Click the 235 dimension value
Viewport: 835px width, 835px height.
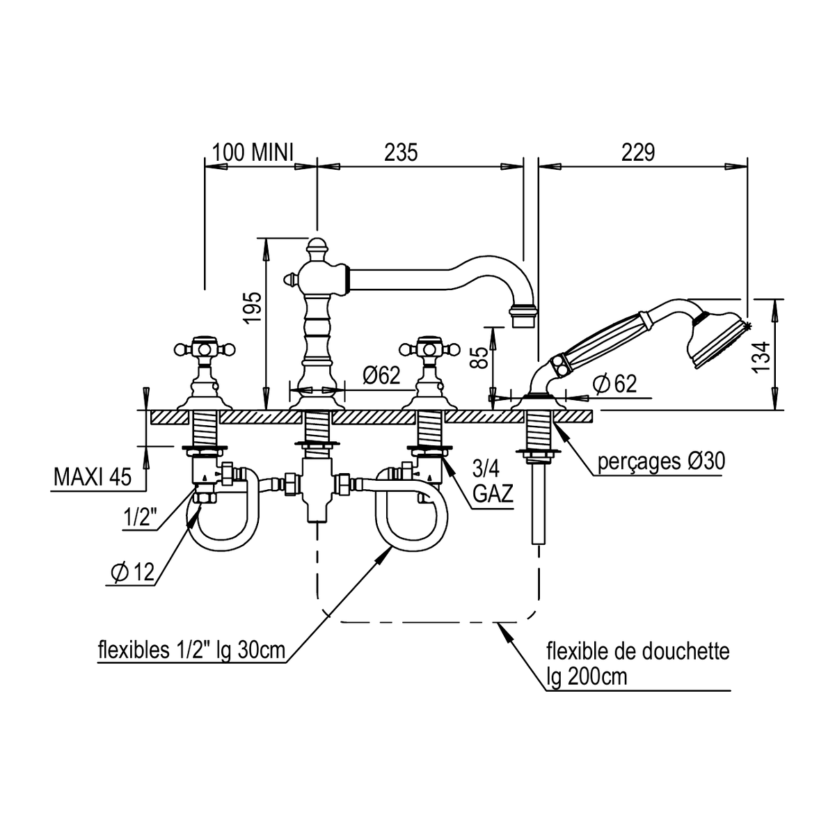[x=401, y=152]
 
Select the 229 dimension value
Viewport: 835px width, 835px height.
[x=638, y=152]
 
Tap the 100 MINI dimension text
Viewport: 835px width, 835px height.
[x=253, y=152]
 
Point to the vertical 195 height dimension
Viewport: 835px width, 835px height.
[x=252, y=308]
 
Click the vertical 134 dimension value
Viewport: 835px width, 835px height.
[x=761, y=357]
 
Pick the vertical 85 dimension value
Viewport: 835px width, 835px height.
[x=479, y=358]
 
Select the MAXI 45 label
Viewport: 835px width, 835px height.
[x=93, y=477]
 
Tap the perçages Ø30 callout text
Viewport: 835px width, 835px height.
[x=661, y=462]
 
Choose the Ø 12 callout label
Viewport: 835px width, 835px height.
[x=133, y=573]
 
